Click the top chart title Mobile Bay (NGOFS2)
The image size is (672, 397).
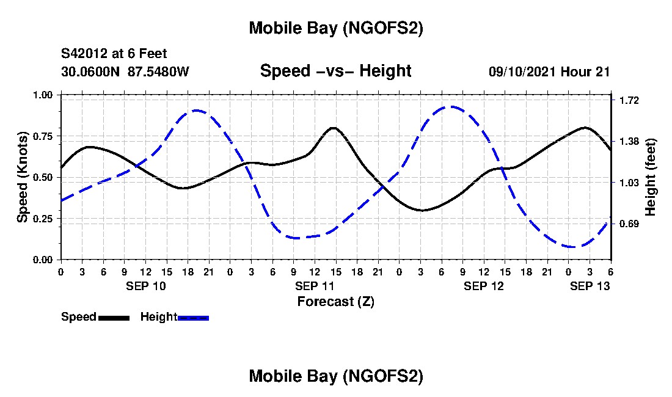click(335, 29)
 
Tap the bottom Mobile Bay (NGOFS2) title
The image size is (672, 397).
click(335, 376)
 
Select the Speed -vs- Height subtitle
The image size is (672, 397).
click(335, 71)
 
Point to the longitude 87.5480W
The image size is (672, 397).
click(158, 71)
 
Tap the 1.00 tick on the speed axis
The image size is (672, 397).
click(43, 95)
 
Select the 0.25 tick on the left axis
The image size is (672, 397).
click(43, 219)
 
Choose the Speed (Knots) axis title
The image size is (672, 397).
click(22, 177)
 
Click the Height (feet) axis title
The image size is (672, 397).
click(651, 177)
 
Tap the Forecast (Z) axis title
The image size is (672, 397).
click(335, 302)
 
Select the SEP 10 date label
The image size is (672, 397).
click(145, 286)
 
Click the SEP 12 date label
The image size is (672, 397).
click(483, 286)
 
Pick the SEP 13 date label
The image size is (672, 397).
click(590, 286)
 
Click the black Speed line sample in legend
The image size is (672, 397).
click(114, 318)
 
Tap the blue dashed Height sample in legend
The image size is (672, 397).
click(194, 318)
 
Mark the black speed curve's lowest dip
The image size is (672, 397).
click(422, 210)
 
